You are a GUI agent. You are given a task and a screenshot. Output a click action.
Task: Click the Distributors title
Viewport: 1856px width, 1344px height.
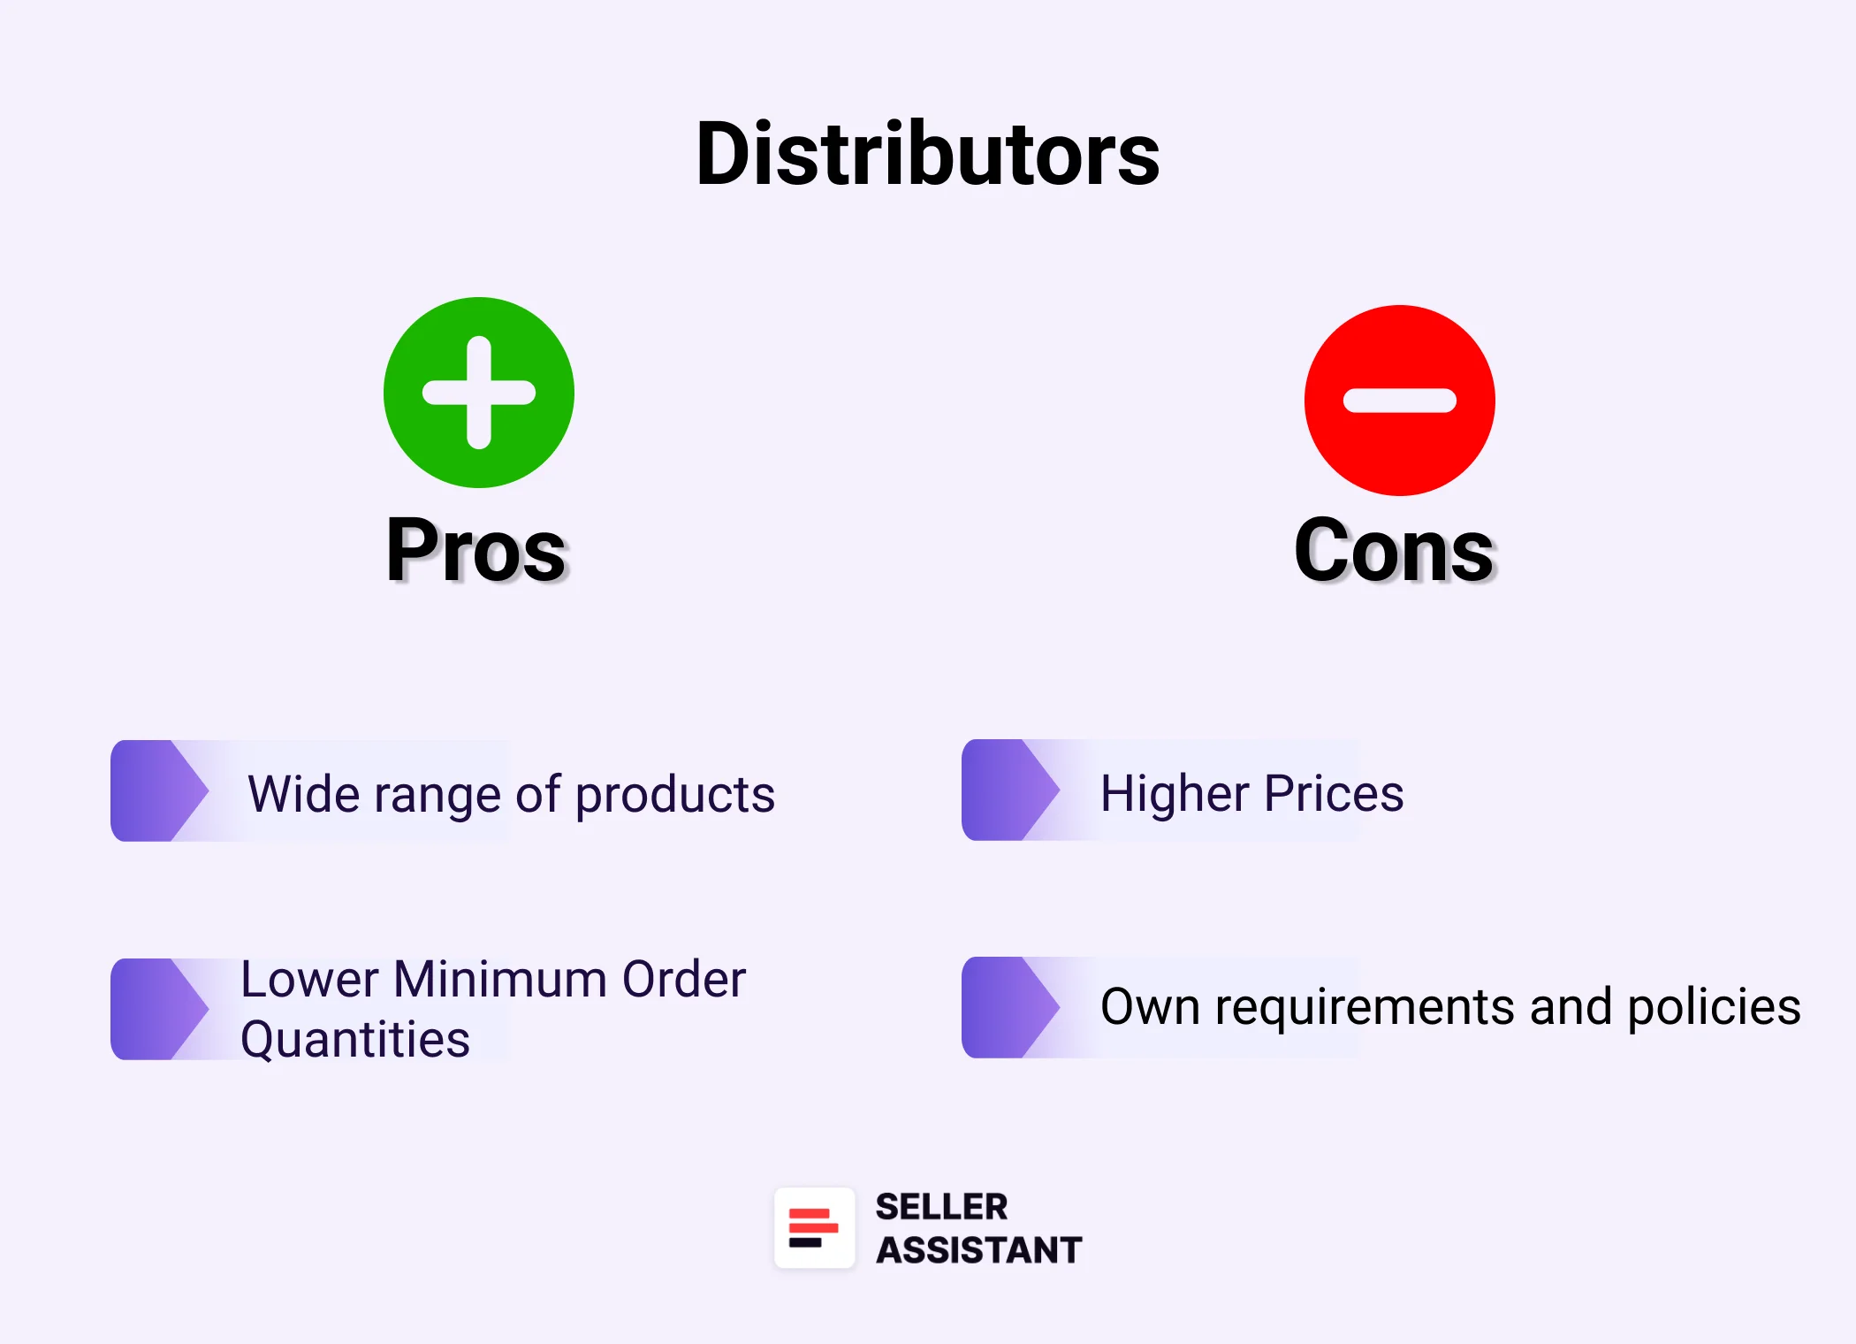927,155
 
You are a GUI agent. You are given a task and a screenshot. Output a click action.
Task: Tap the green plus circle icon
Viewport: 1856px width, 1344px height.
479,393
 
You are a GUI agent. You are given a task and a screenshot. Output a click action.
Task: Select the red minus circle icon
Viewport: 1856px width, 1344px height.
1399,401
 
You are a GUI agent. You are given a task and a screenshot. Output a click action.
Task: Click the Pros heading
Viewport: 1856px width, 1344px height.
476,550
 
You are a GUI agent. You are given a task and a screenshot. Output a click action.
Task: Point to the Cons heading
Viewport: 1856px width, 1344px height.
1394,550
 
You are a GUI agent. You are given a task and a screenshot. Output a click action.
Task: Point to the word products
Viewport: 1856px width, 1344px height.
675,794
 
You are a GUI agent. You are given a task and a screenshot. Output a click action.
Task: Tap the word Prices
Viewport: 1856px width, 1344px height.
1334,792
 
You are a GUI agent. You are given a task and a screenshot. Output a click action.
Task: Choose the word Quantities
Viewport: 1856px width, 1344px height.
355,1039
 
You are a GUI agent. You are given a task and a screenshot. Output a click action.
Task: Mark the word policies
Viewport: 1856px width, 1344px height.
1714,1007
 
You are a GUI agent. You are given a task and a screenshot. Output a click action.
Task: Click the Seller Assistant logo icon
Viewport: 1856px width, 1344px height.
814,1227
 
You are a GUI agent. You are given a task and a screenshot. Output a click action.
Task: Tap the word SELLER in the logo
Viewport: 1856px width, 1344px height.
941,1207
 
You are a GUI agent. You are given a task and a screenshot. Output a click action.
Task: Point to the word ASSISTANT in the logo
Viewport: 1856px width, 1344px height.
978,1250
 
